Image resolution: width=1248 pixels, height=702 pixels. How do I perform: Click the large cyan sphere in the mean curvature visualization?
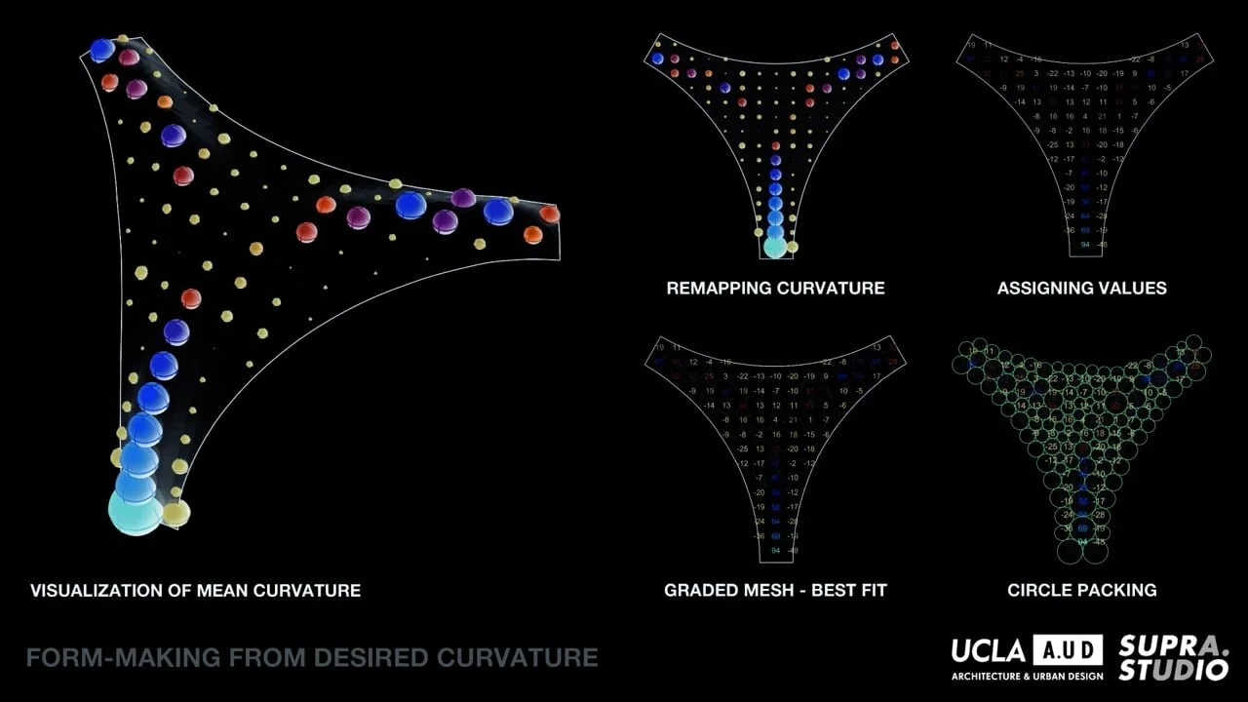[136, 512]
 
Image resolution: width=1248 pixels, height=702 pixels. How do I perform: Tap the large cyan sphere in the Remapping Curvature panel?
[775, 247]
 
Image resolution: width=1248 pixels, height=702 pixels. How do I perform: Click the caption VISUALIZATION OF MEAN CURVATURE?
[195, 590]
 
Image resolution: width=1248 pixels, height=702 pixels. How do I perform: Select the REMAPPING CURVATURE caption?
[775, 288]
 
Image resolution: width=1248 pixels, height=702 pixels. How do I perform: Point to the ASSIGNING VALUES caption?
[1081, 288]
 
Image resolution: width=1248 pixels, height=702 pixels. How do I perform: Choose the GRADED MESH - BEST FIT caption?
[775, 590]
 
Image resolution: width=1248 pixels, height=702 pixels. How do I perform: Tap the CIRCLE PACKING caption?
[1081, 590]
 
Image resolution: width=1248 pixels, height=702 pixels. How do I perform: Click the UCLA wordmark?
[988, 650]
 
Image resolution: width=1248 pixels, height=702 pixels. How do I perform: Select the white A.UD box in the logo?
[1068, 650]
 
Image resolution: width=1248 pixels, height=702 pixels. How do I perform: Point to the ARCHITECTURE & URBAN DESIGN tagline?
[1027, 676]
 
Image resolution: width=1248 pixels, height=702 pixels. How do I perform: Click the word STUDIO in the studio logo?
[1173, 670]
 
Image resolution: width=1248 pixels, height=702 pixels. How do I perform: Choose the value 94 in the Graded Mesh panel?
[775, 551]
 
